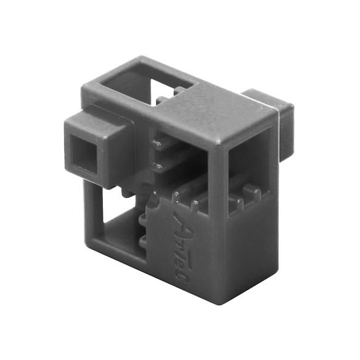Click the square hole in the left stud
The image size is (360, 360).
point(83,154)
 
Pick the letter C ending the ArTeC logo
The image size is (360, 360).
point(181,278)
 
